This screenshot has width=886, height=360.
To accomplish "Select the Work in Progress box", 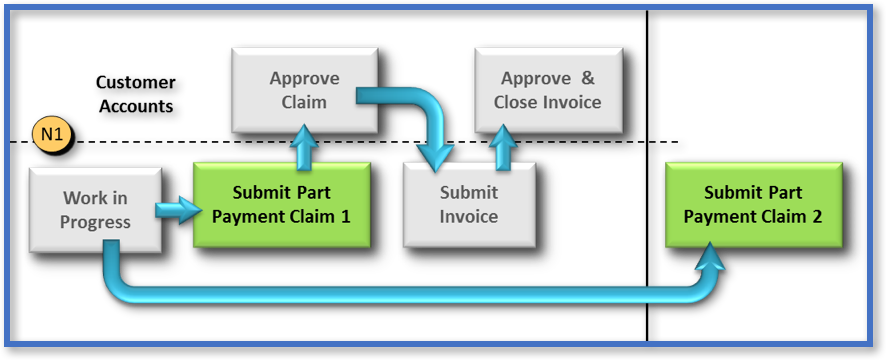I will (x=95, y=209).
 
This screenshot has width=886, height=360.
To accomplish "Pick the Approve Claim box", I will (x=304, y=90).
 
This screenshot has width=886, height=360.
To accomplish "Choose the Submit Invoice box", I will (x=469, y=204).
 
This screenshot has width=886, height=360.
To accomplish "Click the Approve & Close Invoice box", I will (x=547, y=90).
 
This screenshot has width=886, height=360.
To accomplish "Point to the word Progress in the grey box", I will (x=95, y=221).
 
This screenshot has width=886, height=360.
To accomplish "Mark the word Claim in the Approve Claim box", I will (x=304, y=101).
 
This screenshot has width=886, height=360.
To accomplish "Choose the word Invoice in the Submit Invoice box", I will (x=469, y=216).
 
